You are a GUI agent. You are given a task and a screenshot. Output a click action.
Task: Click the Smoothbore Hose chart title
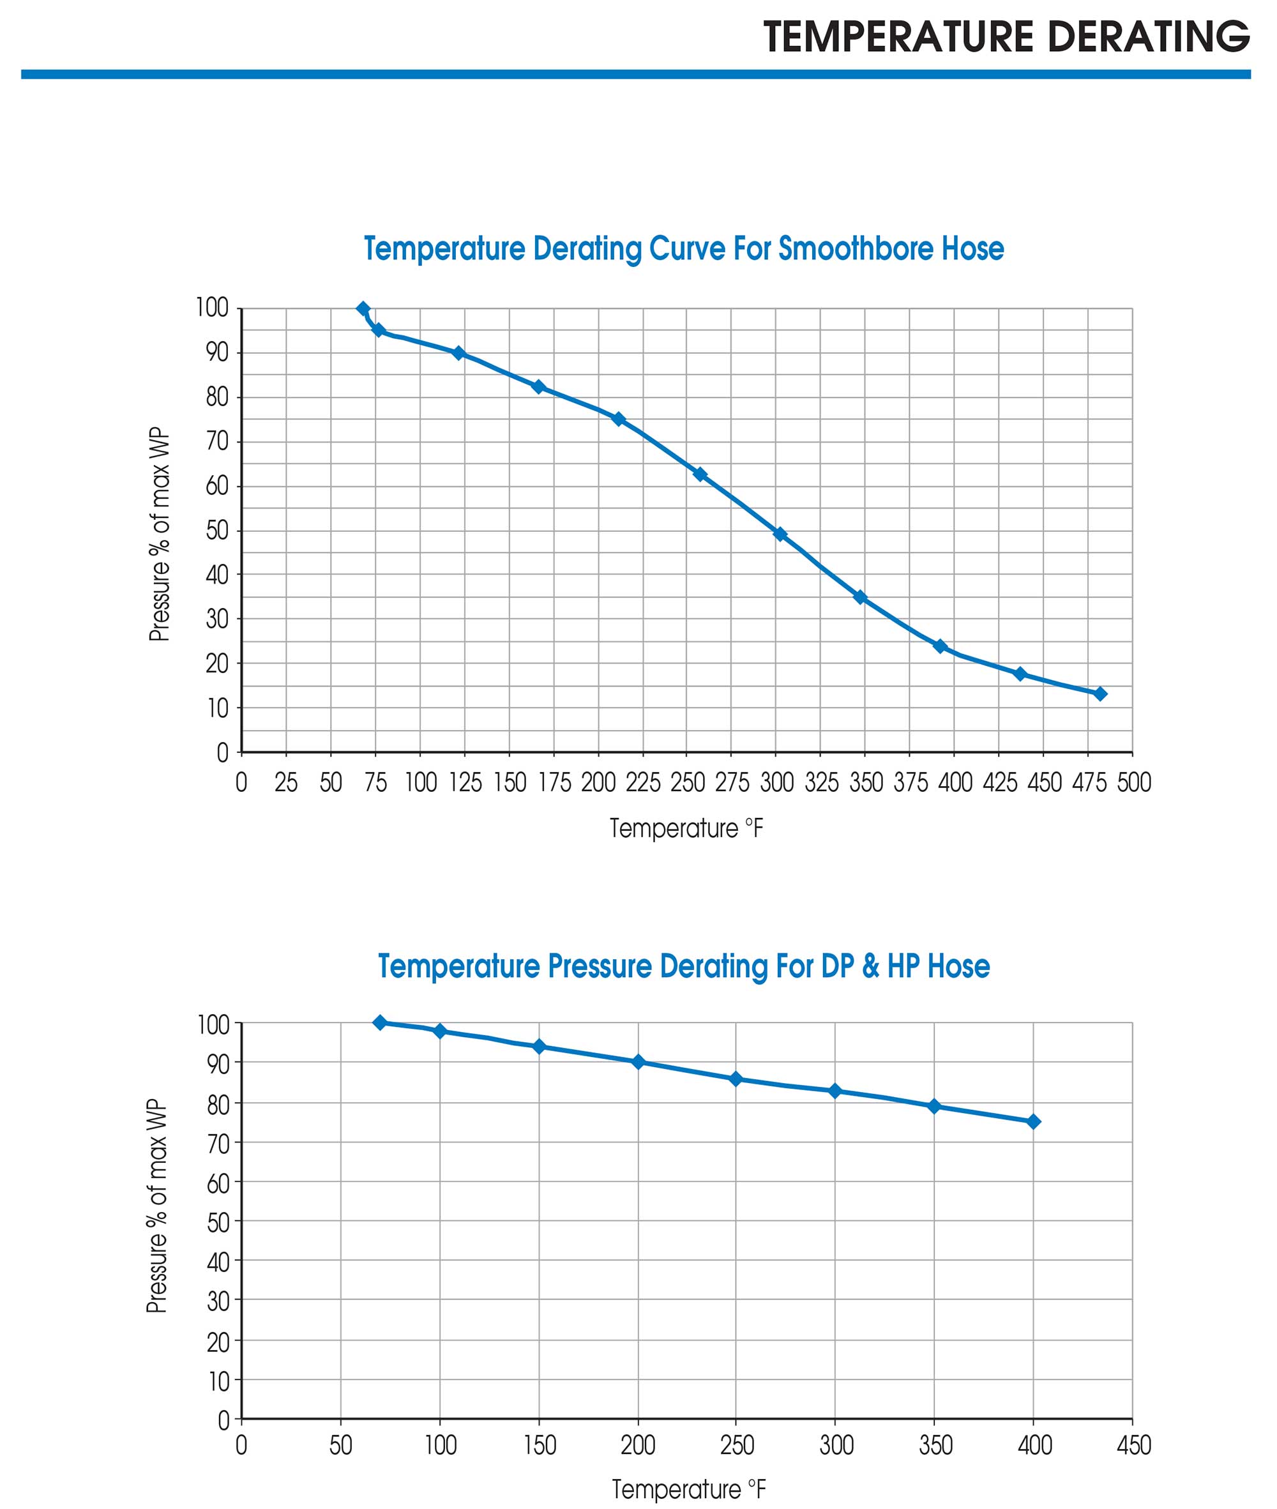[x=683, y=248]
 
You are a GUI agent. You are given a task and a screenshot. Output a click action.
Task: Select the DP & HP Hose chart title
[x=683, y=966]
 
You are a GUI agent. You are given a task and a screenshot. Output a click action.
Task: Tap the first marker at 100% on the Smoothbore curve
[x=363, y=308]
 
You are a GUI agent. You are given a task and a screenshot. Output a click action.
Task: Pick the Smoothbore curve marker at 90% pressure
[x=458, y=353]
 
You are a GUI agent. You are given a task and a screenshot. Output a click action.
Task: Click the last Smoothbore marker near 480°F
[x=1100, y=694]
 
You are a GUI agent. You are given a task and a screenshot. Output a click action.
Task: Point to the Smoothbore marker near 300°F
[x=780, y=535]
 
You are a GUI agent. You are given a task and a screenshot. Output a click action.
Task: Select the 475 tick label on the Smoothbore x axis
[x=1089, y=783]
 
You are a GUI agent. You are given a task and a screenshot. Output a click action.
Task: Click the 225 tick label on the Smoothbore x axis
[x=643, y=783]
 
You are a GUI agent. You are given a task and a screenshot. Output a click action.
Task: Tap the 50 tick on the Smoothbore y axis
[x=216, y=531]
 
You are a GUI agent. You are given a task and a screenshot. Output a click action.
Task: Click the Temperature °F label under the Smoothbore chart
[x=686, y=828]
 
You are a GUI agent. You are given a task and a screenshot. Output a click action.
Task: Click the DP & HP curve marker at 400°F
[x=1034, y=1121]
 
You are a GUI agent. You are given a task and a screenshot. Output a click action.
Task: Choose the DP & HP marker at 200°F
[x=638, y=1062]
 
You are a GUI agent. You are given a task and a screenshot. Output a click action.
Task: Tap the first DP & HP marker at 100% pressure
[x=380, y=1022]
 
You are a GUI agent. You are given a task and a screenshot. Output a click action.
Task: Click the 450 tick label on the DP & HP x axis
[x=1133, y=1445]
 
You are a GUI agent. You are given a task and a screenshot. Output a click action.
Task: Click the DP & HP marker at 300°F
[x=835, y=1091]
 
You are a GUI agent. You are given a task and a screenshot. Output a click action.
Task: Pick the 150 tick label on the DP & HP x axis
[x=540, y=1445]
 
